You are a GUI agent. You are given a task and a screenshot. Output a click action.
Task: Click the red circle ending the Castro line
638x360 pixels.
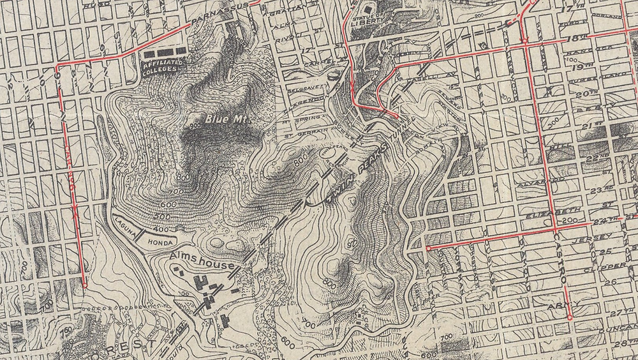[x=569, y=317]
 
